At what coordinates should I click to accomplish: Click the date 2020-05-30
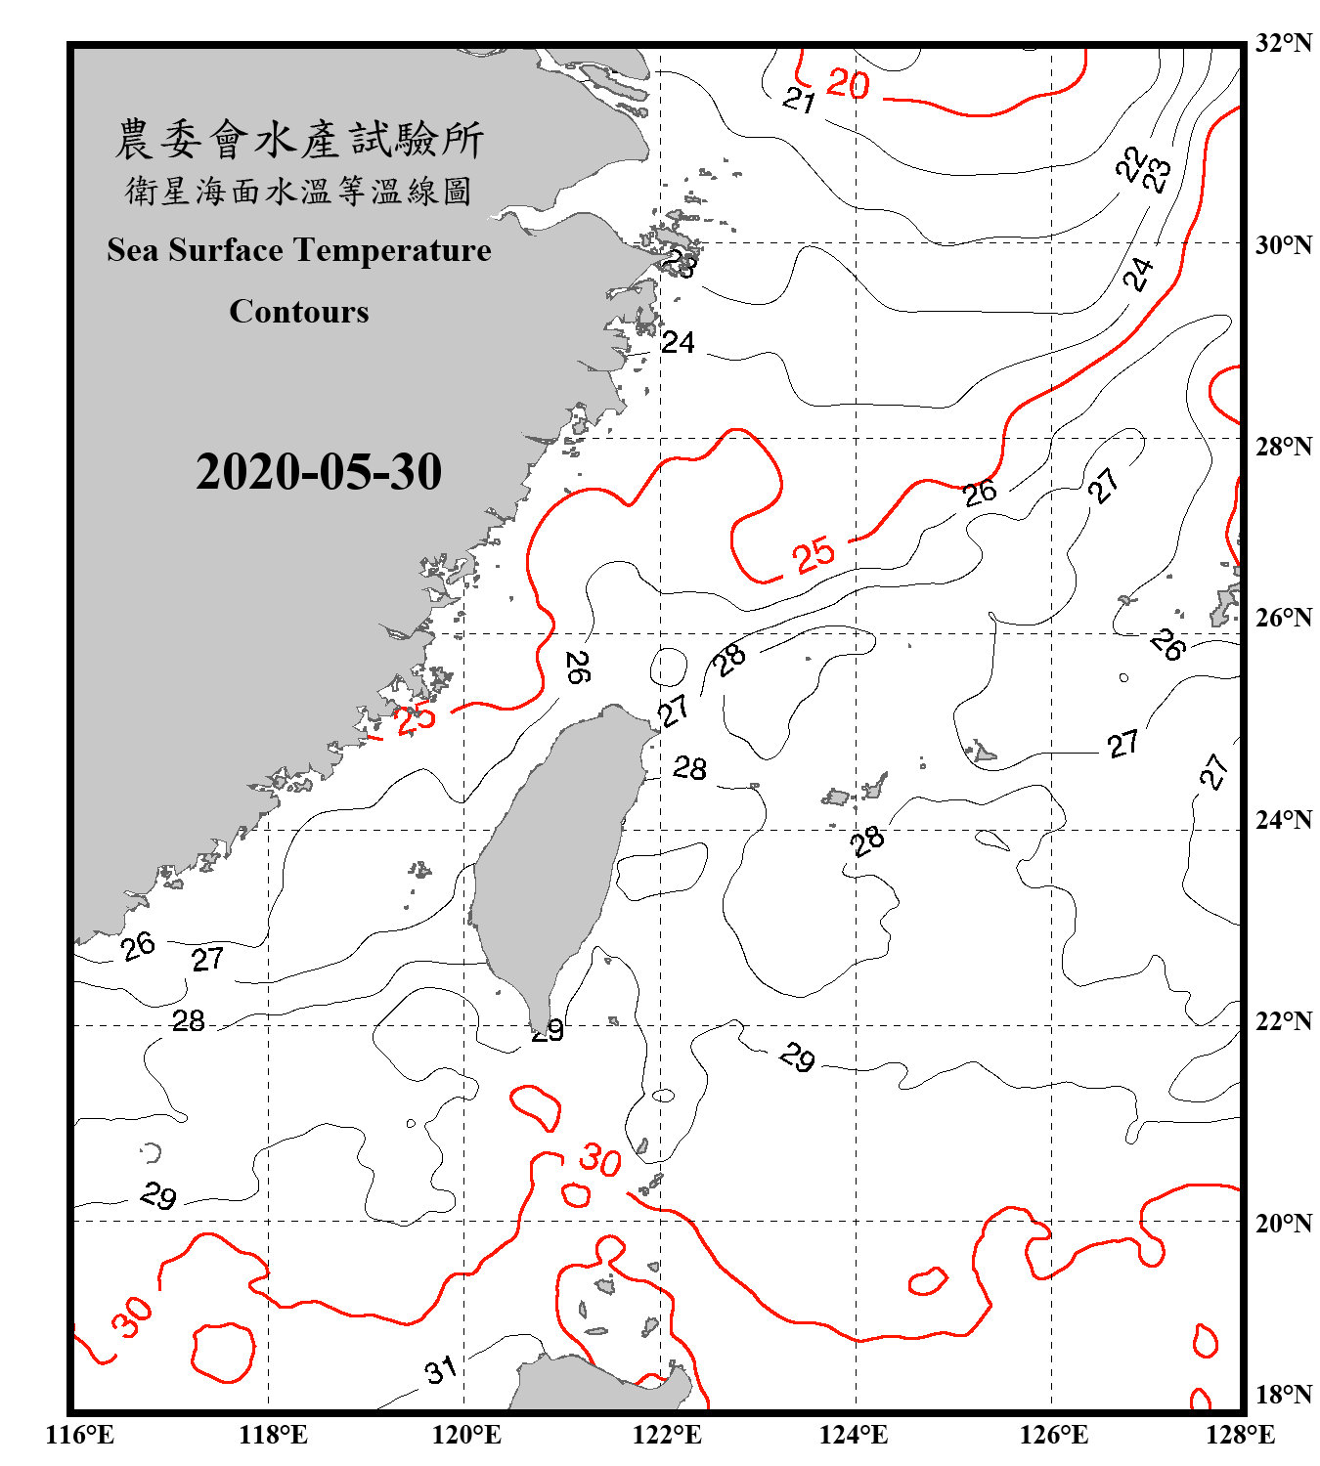tap(319, 472)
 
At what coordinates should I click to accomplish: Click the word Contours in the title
tap(299, 312)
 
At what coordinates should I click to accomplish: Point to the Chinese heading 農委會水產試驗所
tap(299, 140)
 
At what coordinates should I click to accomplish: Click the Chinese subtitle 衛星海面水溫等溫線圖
tap(299, 192)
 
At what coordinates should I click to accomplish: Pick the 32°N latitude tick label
tap(1283, 43)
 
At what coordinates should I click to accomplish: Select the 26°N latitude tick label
tap(1283, 618)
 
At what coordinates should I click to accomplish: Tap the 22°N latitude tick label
tap(1283, 1021)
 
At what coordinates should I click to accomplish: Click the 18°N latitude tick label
tap(1283, 1395)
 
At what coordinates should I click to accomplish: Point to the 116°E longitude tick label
tap(80, 1435)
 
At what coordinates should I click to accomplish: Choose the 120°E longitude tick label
tap(466, 1435)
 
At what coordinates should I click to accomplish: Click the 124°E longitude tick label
tap(854, 1435)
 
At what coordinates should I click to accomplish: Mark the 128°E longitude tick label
tap(1240, 1435)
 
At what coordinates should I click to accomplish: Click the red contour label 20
tap(848, 84)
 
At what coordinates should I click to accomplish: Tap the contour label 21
tap(800, 100)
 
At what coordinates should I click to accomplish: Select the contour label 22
tap(1130, 163)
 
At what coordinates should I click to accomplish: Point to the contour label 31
tap(441, 1369)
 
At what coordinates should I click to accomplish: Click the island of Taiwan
tap(548, 860)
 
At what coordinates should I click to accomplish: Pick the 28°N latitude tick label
tap(1283, 447)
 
